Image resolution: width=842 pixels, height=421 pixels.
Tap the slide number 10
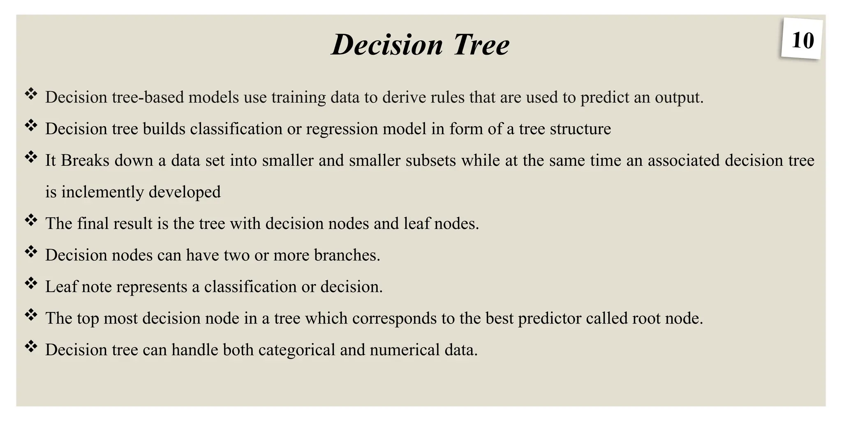802,40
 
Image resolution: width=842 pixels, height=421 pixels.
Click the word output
679,98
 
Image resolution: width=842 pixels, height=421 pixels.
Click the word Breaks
85,160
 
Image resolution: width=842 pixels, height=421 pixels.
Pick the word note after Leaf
97,287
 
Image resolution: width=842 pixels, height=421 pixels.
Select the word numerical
405,350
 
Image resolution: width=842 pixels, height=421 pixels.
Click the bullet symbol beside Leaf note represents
31,283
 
